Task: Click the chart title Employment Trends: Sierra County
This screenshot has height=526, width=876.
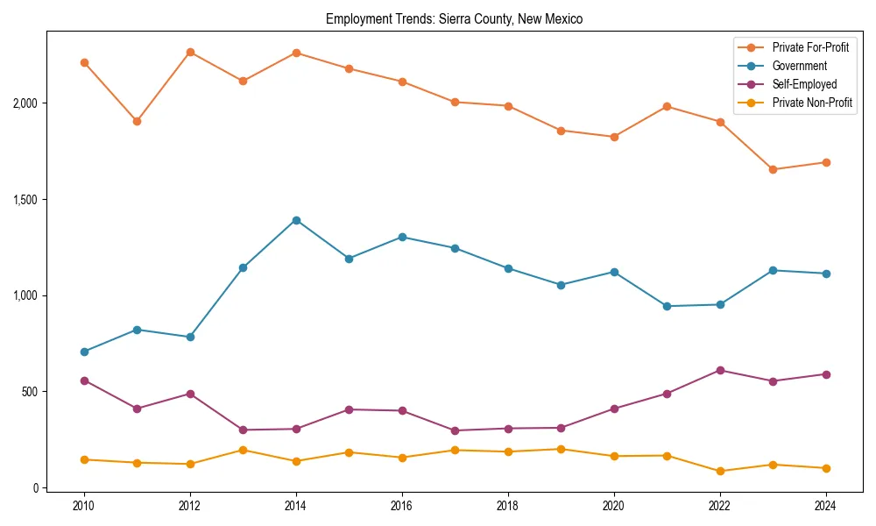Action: coord(454,18)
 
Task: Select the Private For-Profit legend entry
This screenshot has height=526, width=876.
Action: coord(810,46)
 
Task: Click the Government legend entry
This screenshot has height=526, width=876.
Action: coord(799,66)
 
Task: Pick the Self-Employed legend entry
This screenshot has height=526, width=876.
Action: coord(804,84)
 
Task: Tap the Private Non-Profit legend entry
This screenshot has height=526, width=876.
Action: coord(812,103)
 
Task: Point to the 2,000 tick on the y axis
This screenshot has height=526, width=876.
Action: coord(27,103)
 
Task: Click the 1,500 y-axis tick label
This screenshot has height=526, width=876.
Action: coord(27,200)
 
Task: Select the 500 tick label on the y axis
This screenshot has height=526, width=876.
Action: coord(32,392)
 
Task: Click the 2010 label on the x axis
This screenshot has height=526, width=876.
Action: coord(84,506)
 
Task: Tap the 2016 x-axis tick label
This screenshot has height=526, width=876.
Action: coord(402,506)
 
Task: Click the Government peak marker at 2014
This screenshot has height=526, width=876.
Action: coord(296,220)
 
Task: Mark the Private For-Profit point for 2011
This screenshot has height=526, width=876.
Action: coord(137,121)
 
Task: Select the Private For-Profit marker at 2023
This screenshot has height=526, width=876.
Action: coord(773,169)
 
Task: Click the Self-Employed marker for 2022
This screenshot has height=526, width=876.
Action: coord(720,370)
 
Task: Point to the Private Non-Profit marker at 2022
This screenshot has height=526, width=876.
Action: coord(720,471)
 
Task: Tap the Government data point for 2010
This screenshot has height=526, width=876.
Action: coord(84,352)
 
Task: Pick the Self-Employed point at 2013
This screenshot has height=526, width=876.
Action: coord(243,430)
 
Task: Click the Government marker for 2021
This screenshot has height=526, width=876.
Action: coord(667,306)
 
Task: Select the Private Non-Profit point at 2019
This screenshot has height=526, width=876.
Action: coord(561,449)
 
